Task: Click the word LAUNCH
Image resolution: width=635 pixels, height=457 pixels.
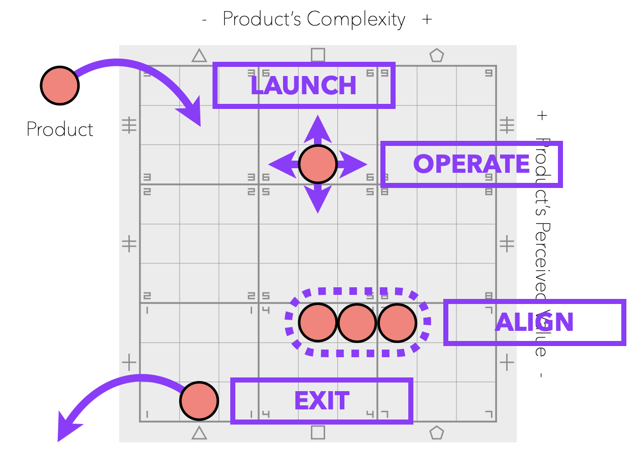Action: point(303,86)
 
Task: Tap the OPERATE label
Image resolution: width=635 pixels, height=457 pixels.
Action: point(471,165)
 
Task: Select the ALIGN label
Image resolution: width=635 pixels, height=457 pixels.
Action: point(535,323)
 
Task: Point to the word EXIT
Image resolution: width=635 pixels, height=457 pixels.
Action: point(322,401)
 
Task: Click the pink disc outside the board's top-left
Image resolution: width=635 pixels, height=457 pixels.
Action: point(60,86)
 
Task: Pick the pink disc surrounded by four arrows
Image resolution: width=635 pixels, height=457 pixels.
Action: point(318,164)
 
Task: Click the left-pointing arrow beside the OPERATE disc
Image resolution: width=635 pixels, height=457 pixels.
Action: point(281,164)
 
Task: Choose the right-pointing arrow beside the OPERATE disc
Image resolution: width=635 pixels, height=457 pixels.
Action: point(354,164)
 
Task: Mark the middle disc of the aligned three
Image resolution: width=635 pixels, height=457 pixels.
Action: point(357,323)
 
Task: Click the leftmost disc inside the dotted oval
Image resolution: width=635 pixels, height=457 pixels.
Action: point(318,323)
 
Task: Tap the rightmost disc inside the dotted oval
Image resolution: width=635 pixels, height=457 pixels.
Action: point(397,323)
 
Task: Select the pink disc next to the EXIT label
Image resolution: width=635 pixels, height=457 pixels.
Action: point(199,401)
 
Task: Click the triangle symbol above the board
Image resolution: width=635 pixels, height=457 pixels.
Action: point(199,56)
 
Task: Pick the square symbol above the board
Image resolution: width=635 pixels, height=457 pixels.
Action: point(318,55)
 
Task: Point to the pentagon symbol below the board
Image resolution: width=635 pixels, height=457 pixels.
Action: point(437,433)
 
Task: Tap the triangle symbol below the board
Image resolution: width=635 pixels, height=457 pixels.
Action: point(199,433)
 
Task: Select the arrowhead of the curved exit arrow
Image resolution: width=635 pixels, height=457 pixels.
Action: point(65,429)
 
